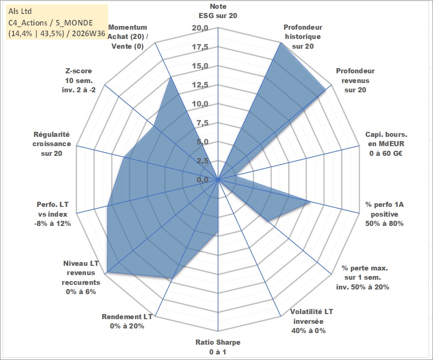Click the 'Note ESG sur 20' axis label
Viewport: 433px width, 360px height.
pos(218,11)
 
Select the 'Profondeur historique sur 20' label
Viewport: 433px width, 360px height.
pos(303,37)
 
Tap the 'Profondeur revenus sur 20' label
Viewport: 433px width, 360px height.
pos(355,80)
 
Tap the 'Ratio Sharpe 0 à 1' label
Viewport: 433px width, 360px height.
pos(218,347)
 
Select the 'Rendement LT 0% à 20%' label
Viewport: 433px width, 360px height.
pos(127,321)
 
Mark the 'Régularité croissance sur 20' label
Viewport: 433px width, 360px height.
pos(52,144)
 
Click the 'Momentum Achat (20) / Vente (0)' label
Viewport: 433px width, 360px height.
pos(127,37)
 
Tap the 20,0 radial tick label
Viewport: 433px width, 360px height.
pos(200,28)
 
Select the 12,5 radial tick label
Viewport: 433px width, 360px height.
pos(200,85)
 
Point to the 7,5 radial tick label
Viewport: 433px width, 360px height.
pos(202,123)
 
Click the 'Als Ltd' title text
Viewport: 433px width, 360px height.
pos(20,11)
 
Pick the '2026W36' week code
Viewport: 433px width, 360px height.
pos(89,33)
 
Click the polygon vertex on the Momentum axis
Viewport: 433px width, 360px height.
pos(171,77)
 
